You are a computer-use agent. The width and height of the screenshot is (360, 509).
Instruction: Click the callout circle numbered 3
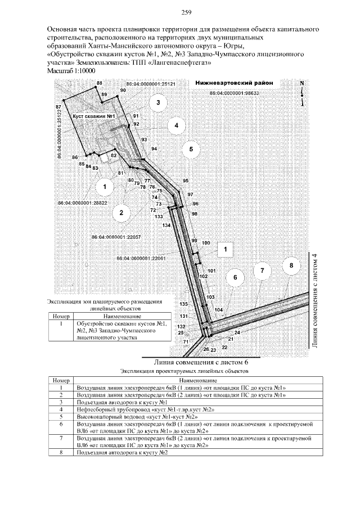pos(159,103)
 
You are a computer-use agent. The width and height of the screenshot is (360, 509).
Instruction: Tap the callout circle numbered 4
pos(176,125)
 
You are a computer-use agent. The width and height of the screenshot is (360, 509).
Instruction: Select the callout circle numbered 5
pos(191,149)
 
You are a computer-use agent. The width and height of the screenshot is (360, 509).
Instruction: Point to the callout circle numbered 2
pos(120,212)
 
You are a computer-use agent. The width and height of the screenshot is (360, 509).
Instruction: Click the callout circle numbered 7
pos(262,271)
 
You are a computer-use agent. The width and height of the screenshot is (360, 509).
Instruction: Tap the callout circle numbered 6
pos(236,278)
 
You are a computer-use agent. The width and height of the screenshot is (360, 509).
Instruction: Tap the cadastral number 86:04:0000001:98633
pos(233,93)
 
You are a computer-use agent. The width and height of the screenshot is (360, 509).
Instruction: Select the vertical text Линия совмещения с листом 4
pos(315,301)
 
